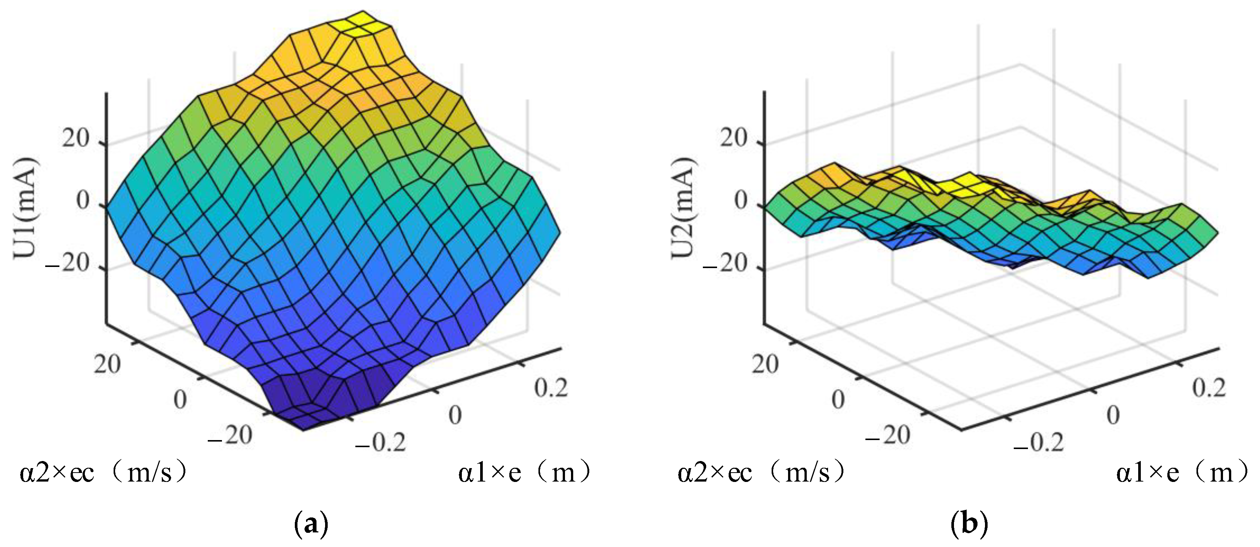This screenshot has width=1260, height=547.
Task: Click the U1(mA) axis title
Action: coord(24,208)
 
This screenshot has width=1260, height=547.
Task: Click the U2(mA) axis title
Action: coord(683,208)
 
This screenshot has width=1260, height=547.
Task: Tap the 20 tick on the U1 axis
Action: coord(75,139)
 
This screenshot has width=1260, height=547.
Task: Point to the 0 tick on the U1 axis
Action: coord(84,201)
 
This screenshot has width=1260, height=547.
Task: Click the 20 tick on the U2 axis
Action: coord(734,139)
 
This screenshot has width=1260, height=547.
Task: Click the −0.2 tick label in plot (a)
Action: coord(380,442)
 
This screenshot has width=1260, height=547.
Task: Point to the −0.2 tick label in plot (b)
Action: coord(1038,442)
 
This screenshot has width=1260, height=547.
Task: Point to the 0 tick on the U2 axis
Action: coord(741,201)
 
